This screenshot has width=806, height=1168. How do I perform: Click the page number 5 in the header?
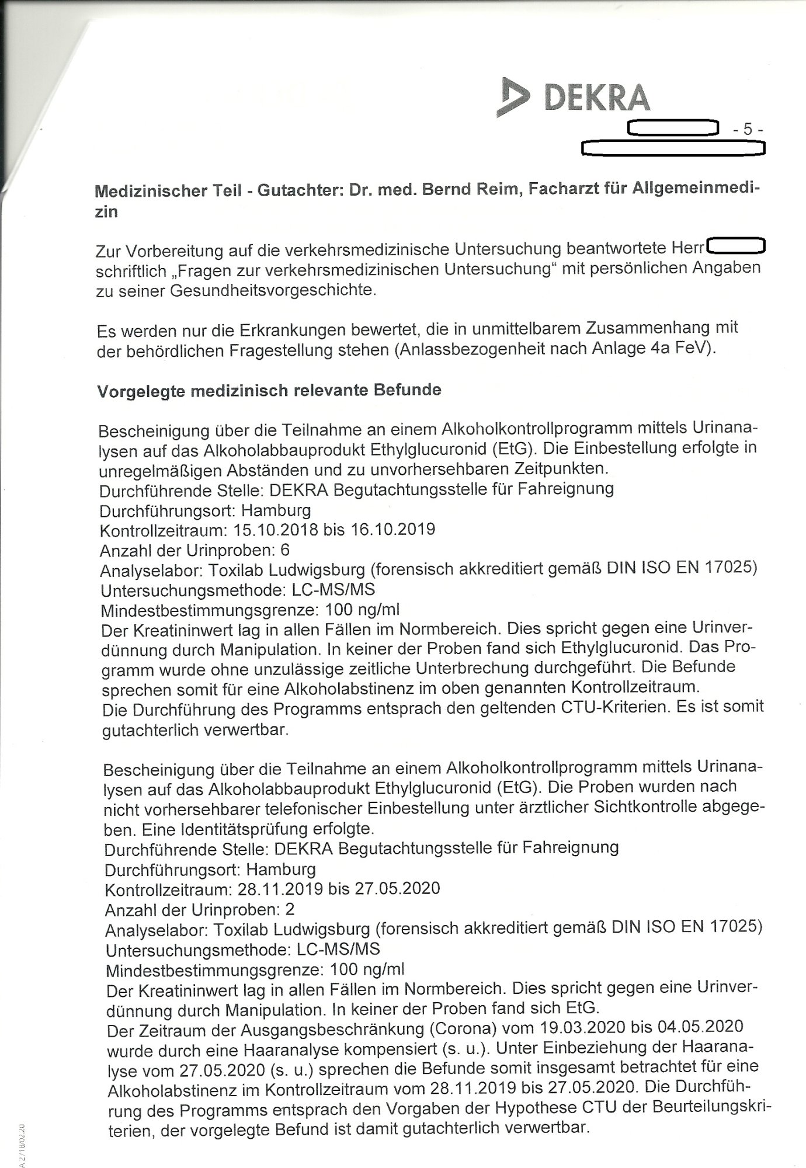click(x=747, y=130)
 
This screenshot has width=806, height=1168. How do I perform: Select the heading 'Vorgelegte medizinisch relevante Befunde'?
click(x=269, y=390)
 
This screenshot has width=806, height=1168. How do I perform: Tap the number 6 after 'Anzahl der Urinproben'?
click(x=285, y=550)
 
